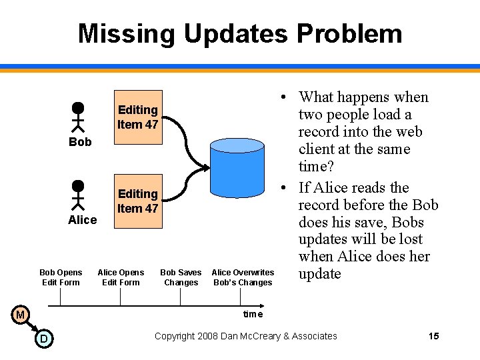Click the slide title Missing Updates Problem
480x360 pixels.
point(240,33)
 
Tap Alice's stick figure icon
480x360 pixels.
point(78,195)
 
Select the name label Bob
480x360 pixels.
point(80,142)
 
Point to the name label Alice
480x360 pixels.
point(83,220)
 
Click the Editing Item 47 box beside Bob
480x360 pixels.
point(137,117)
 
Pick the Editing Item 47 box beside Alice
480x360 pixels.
point(137,201)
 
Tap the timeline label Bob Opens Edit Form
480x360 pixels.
point(61,277)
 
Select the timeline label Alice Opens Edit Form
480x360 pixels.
point(121,277)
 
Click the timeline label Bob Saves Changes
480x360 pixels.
point(181,277)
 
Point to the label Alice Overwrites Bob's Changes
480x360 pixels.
point(243,277)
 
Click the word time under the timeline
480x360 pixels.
point(253,314)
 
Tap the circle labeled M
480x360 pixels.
point(21,314)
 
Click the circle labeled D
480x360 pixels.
point(43,339)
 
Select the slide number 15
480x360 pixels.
point(433,336)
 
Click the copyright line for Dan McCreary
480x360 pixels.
point(245,336)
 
